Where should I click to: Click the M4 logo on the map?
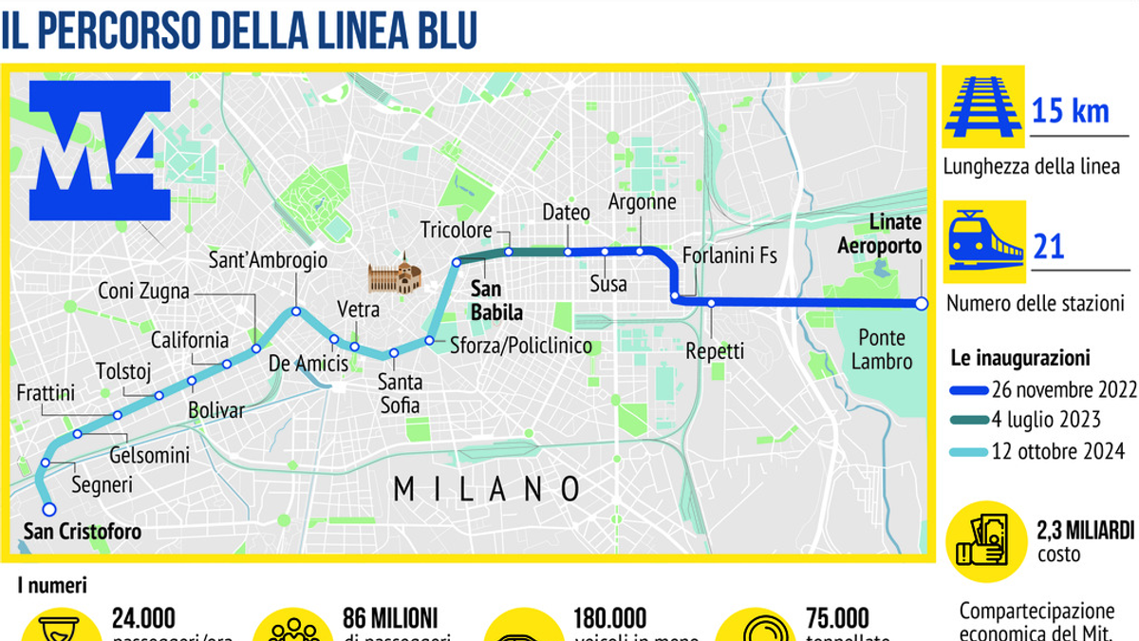click(101, 150)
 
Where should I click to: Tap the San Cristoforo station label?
click(83, 531)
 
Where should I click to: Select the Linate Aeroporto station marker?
click(921, 303)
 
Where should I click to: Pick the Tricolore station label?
click(457, 231)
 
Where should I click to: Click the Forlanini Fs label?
click(730, 255)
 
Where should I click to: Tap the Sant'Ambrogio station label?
click(268, 260)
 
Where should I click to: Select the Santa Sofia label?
click(400, 394)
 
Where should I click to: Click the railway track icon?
click(983, 105)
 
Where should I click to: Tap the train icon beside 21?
click(983, 241)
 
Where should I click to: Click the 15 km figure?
click(1070, 111)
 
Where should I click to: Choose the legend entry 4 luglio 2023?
click(1046, 420)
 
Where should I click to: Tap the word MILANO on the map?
click(486, 489)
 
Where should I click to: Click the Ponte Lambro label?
click(882, 349)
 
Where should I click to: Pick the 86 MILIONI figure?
click(396, 618)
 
